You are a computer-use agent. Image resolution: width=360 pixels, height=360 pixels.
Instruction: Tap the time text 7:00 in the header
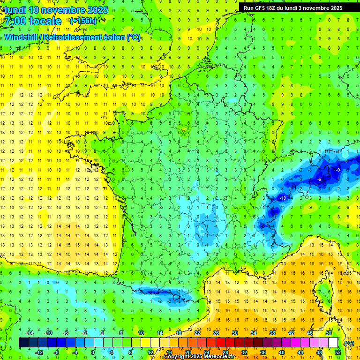point(16,21)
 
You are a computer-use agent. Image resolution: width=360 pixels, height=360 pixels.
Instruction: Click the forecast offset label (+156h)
point(83,21)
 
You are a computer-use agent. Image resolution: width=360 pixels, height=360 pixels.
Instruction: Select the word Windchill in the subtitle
point(21,37)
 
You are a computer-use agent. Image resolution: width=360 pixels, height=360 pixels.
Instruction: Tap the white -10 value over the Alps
point(283,199)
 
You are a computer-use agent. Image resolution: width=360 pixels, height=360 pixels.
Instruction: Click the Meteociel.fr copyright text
point(205,357)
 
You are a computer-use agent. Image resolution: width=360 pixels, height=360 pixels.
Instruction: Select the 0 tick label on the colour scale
point(93,352)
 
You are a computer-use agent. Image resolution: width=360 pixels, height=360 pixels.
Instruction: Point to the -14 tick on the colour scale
point(31,332)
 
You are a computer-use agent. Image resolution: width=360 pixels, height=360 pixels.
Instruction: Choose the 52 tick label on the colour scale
point(338,352)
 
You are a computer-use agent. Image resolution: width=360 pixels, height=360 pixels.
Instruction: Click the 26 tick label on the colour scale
point(216,332)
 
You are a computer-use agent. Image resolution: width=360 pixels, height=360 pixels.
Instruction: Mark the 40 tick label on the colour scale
point(282,352)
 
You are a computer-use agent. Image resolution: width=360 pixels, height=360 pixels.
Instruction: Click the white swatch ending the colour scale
point(333,343)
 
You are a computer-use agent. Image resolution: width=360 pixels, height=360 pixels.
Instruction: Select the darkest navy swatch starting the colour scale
point(23,343)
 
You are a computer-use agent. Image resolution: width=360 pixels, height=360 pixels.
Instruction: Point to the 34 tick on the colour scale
point(253,332)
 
